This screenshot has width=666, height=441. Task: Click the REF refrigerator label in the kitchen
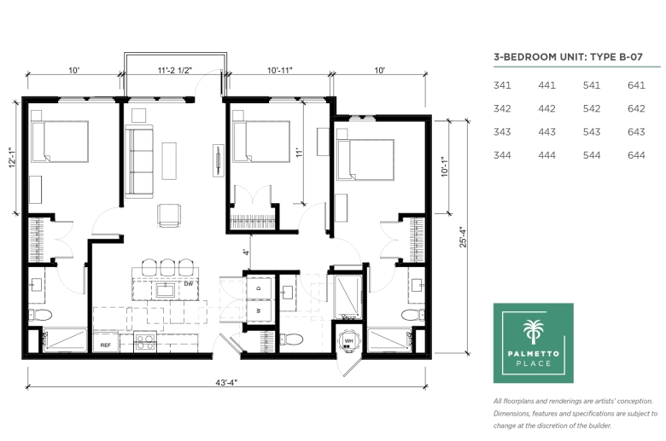(x=105, y=345)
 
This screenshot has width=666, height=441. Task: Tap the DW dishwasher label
(x=189, y=284)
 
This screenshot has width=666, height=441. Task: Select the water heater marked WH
(x=348, y=341)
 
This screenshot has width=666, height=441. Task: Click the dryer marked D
(x=259, y=289)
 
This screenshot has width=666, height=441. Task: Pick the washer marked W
(x=259, y=311)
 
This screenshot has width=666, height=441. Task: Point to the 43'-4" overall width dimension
(x=226, y=382)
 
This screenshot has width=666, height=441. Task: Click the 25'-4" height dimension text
(x=463, y=238)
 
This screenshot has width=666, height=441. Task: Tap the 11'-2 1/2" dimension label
(x=175, y=71)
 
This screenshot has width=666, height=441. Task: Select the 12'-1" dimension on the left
(x=13, y=158)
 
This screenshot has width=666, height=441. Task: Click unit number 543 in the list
(x=591, y=132)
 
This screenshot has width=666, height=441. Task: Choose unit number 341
(x=502, y=85)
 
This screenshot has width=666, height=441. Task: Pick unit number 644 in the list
(x=636, y=155)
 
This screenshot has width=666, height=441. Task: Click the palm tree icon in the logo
(x=534, y=332)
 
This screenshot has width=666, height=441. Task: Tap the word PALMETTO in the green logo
(x=534, y=353)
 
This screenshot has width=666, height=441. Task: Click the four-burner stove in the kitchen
(x=145, y=342)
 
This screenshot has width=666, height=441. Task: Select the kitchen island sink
(x=164, y=291)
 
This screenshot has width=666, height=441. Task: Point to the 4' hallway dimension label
(x=246, y=252)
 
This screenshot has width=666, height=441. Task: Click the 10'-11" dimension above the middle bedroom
(x=280, y=71)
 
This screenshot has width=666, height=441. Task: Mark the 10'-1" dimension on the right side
(x=445, y=167)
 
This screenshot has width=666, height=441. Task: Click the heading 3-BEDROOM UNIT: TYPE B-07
(x=568, y=57)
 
